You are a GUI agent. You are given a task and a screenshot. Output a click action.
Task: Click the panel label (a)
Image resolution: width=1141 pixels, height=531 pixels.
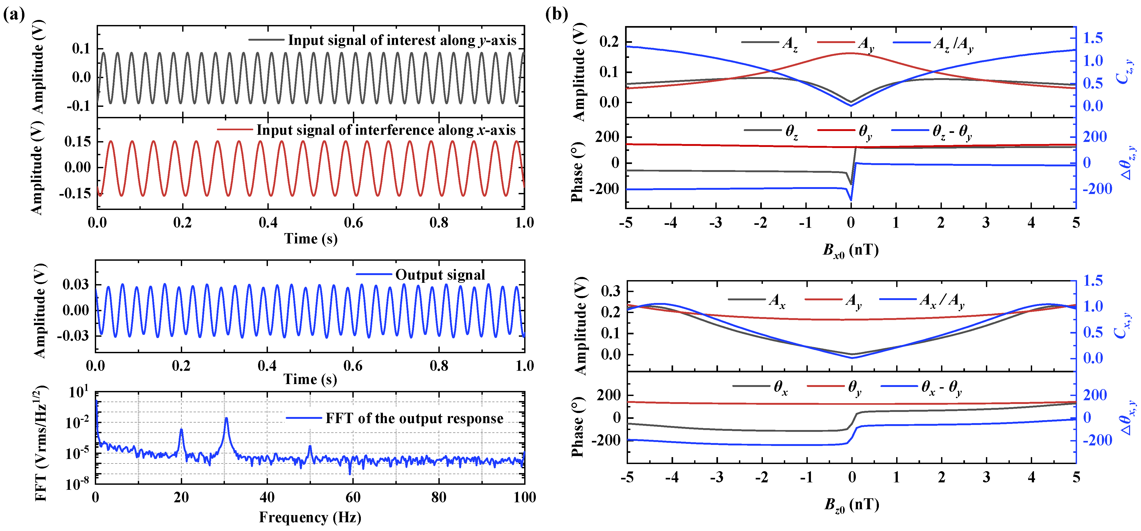[x=14, y=15]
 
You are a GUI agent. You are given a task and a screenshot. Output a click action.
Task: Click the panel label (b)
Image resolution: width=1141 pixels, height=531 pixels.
[x=556, y=15]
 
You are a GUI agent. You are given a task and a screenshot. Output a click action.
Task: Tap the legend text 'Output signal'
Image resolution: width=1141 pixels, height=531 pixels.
[x=440, y=275]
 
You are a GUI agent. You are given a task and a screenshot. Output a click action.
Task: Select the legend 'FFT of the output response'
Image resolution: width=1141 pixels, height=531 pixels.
[x=414, y=418]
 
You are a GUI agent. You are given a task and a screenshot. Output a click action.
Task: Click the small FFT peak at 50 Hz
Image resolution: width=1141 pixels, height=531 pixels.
[x=310, y=447]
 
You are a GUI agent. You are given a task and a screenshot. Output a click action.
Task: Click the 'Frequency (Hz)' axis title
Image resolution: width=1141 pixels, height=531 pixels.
[x=310, y=517]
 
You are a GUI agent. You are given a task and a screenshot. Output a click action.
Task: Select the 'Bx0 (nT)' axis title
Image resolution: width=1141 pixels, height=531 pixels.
[x=851, y=250]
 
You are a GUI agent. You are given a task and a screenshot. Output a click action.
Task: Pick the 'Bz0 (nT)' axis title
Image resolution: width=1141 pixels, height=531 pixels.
[x=851, y=505]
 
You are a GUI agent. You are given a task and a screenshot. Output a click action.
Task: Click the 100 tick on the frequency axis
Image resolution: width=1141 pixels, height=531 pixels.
[x=524, y=497]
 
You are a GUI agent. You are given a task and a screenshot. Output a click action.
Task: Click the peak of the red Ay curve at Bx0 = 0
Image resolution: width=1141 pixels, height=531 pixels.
[x=851, y=53]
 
